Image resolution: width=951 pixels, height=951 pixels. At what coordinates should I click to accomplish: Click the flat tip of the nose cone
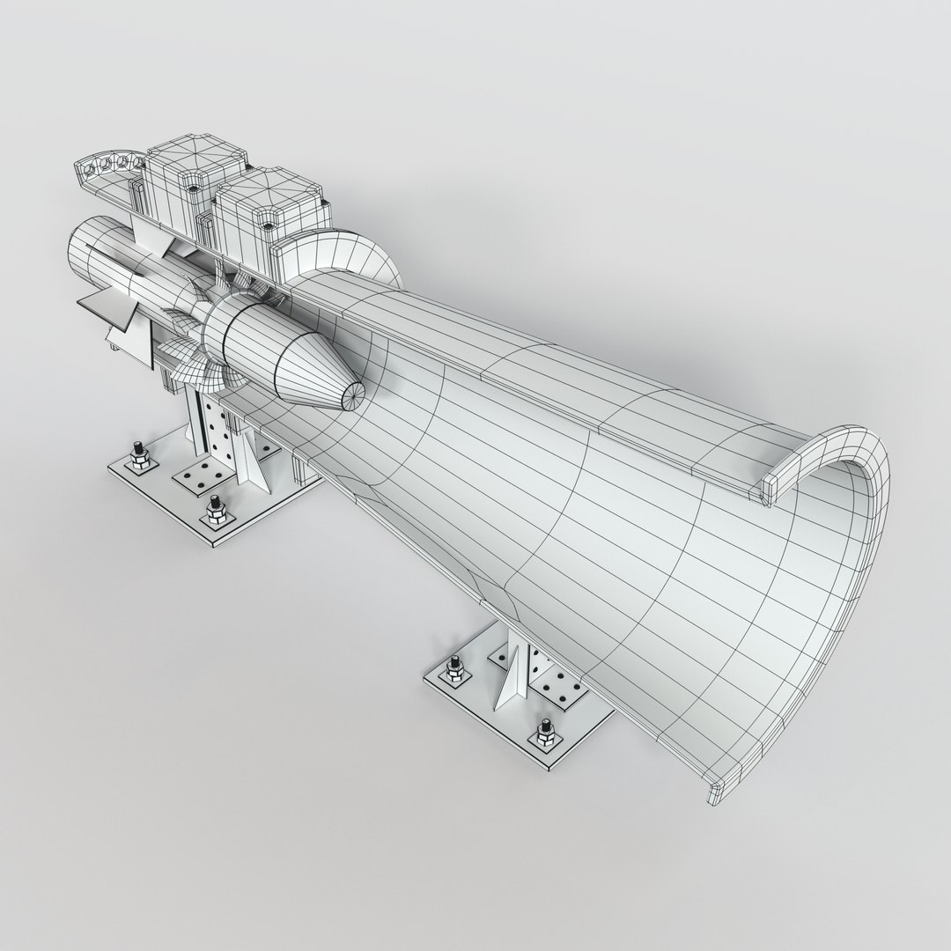350,397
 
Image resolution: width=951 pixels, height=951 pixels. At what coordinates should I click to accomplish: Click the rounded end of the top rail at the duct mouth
768,490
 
